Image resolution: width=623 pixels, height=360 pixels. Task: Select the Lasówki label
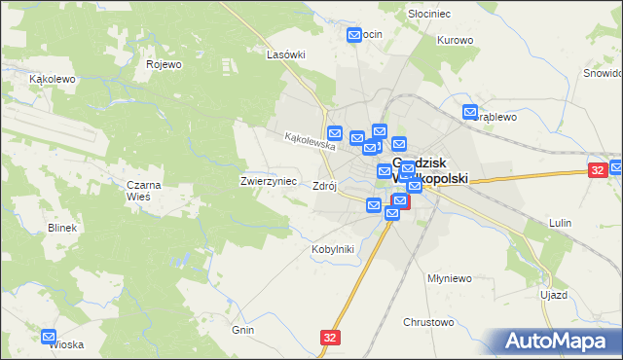(287, 55)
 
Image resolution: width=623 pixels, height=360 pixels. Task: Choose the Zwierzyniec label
(262, 181)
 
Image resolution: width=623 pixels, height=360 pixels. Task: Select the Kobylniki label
(333, 249)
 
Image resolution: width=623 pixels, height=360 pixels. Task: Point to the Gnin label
(243, 331)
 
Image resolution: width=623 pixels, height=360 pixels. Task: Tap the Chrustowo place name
(429, 321)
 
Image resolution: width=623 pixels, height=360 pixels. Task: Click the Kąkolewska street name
(310, 141)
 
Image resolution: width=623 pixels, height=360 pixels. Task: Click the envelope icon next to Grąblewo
(471, 113)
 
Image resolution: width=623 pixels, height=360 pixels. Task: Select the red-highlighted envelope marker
(400, 201)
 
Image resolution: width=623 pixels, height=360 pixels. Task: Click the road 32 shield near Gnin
(330, 337)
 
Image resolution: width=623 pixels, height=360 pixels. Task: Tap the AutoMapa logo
(555, 341)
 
